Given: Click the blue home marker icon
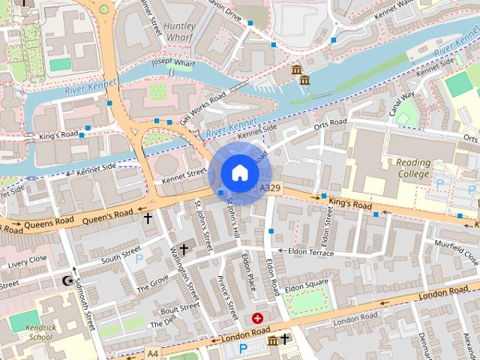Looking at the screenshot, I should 239,172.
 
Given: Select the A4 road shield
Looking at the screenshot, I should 153,352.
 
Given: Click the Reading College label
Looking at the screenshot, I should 413,169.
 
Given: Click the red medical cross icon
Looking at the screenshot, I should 258,319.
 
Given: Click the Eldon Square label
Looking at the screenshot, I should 306,285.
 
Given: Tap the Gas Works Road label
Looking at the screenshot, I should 202,109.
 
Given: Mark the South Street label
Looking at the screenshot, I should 121,253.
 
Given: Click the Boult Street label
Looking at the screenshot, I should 178,307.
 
